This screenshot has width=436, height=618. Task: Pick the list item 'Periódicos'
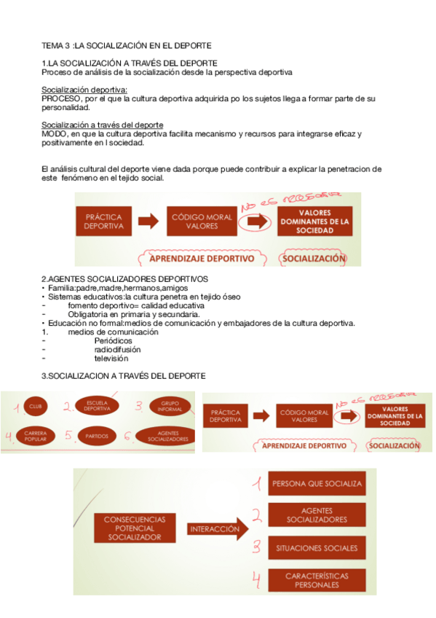[x=114, y=340]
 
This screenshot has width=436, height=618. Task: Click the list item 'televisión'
[x=111, y=358]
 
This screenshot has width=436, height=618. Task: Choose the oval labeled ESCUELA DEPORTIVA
[x=97, y=406]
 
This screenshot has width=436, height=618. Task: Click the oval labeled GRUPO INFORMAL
[x=166, y=406]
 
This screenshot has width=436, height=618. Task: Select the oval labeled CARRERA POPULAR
[x=34, y=436]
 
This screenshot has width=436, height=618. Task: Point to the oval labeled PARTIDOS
[x=97, y=436]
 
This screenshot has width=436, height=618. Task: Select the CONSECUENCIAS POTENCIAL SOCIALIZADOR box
[x=135, y=528]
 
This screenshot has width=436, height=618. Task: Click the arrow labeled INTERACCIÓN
[x=215, y=529]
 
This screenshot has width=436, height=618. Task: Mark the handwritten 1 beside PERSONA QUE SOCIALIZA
[x=256, y=483]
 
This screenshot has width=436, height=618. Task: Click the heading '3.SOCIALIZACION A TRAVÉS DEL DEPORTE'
[x=124, y=376]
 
